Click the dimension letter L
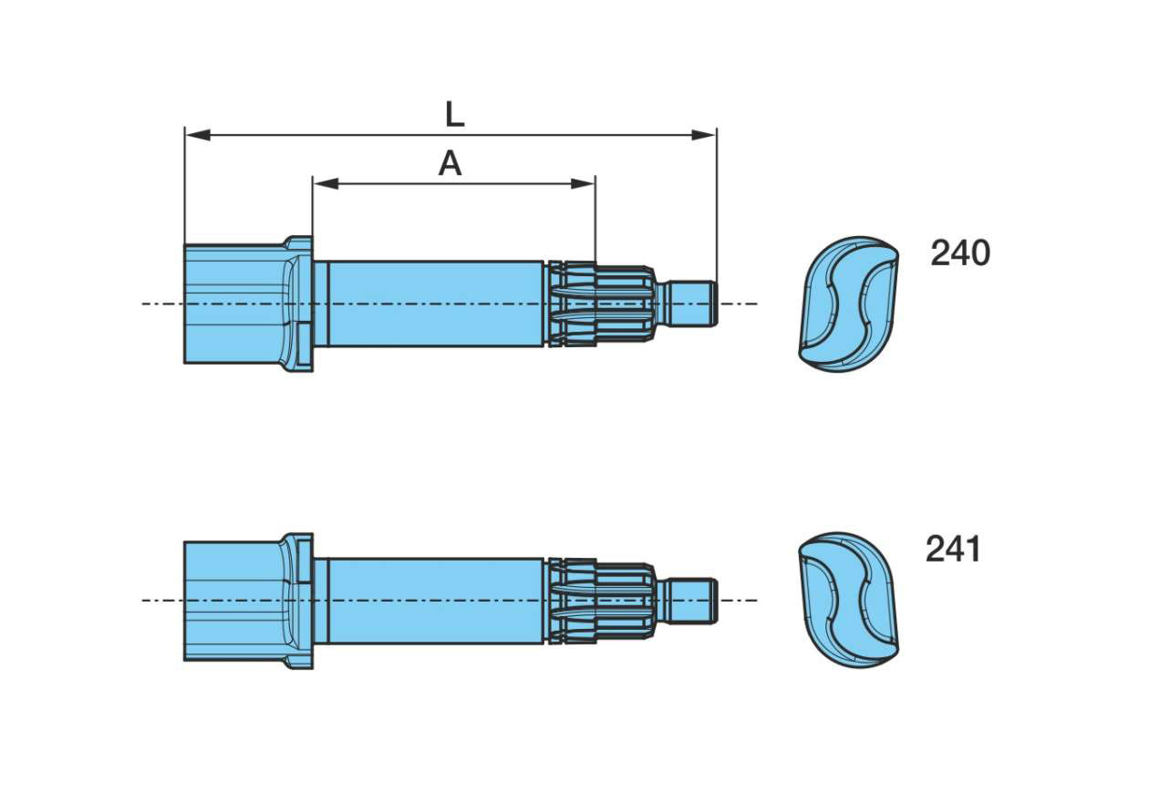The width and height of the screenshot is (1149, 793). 454,115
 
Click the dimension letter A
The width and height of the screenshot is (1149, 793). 450,164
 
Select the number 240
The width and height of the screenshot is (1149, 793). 959,253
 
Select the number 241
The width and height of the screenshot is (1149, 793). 953,550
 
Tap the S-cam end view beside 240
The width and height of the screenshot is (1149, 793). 848,304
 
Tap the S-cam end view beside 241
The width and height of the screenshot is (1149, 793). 848,600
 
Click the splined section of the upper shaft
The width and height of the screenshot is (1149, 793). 602,304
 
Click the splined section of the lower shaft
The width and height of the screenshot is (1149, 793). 602,600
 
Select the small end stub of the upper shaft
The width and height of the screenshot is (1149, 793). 692,304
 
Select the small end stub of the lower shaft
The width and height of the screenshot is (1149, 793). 692,600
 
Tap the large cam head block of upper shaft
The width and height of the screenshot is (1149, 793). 233,304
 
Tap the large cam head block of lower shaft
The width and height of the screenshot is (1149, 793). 233,600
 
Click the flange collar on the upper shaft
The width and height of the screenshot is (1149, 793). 299,304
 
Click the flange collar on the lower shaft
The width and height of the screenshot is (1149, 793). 299,600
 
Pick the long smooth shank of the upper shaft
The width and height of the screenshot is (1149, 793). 433,304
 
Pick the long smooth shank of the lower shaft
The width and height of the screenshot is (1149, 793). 433,600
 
